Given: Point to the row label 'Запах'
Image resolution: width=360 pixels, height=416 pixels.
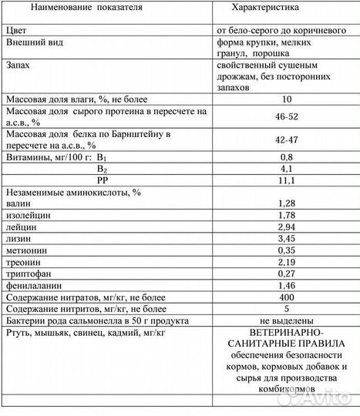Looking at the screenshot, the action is pyautogui.click(x=19, y=67).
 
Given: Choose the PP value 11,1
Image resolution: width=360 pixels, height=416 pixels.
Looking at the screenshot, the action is pyautogui.click(x=287, y=179).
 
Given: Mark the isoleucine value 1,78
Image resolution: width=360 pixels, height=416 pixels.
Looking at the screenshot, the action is pyautogui.click(x=287, y=215).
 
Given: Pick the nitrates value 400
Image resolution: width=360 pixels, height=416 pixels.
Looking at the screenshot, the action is pyautogui.click(x=287, y=297).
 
